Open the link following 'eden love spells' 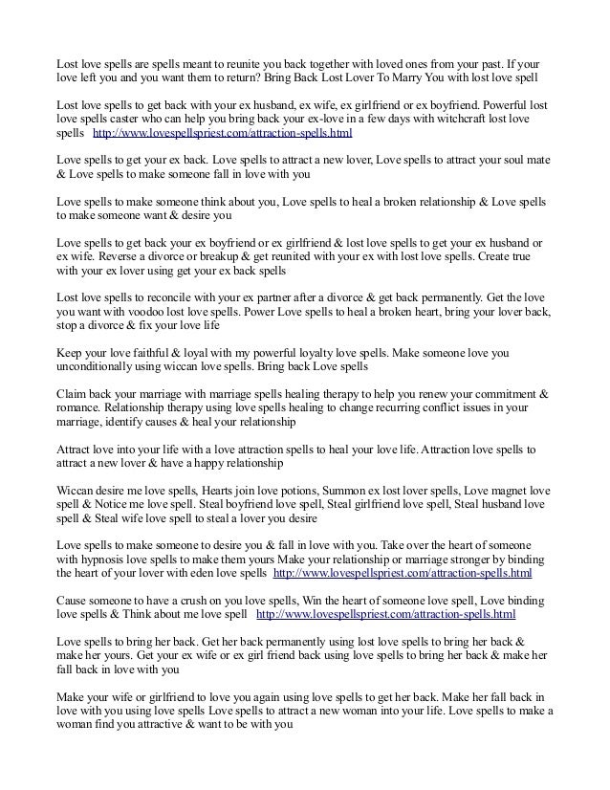point(403,576)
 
